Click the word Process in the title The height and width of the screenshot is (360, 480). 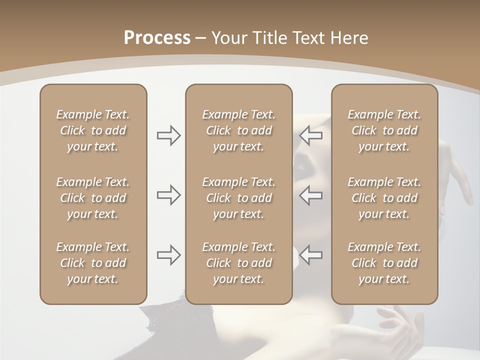tap(157, 38)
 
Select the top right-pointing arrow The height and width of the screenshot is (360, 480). tap(168, 135)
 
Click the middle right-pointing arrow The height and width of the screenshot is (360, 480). tap(168, 194)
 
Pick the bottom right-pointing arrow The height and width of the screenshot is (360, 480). tap(168, 255)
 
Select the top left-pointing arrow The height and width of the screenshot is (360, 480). tap(311, 135)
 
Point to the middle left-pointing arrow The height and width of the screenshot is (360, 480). tap(311, 194)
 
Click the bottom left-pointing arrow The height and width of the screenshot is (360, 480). tap(311, 255)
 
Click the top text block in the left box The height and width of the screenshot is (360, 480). tap(93, 130)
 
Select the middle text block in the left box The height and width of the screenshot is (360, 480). tap(93, 198)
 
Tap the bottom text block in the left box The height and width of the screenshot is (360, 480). tap(93, 263)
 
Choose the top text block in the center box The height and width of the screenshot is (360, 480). tap(238, 130)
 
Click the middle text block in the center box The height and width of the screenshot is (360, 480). tap(238, 198)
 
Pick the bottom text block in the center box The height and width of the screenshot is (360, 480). tap(238, 263)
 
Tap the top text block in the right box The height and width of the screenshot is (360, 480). tap(384, 130)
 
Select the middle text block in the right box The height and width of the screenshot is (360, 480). tap(384, 198)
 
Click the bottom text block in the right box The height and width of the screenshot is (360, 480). tap(384, 263)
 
